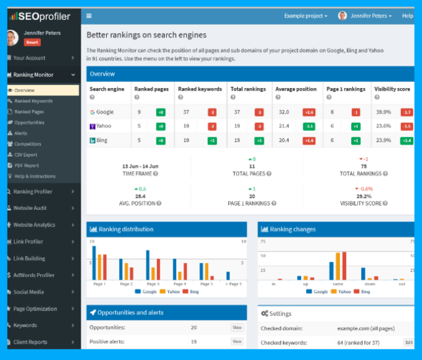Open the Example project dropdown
[305, 16]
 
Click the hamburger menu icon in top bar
[89, 16]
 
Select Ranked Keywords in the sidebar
[34, 101]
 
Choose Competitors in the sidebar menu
[28, 144]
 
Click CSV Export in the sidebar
[26, 155]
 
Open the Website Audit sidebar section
[30, 208]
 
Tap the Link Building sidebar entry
[29, 258]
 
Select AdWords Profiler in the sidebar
[34, 275]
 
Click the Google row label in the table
[105, 112]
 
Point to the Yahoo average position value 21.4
[284, 126]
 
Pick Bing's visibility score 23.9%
[383, 140]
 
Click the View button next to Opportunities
[237, 327]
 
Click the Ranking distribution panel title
[126, 229]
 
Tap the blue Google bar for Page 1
[94, 263]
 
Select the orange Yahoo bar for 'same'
[338, 266]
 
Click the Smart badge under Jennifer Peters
[32, 42]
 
